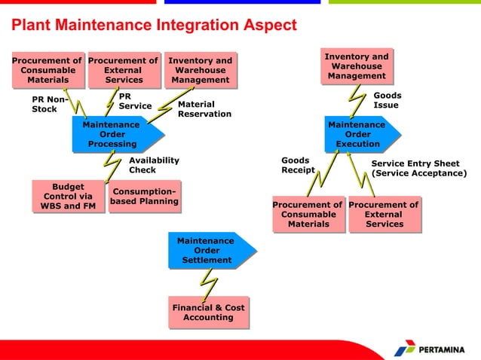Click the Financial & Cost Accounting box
click(208, 313)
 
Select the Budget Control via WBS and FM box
click(68, 196)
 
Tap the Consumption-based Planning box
click(146, 197)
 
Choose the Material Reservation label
click(204, 109)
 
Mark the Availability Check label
click(154, 165)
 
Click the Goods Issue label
click(387, 100)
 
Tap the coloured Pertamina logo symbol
click(405, 348)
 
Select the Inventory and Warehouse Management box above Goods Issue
click(357, 66)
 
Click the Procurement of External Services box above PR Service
click(123, 70)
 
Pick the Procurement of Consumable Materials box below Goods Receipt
click(308, 214)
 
